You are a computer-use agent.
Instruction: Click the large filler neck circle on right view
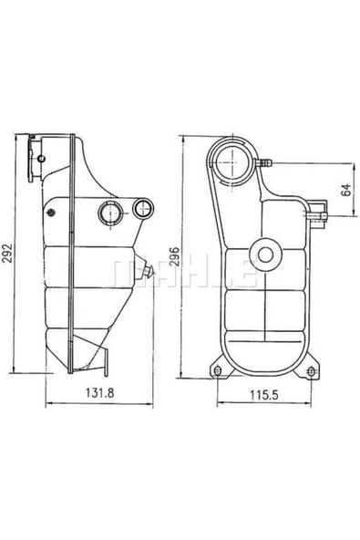pos(231,161)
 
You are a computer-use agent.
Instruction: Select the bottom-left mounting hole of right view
pos(220,370)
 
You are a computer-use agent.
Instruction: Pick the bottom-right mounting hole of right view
pos(312,370)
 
